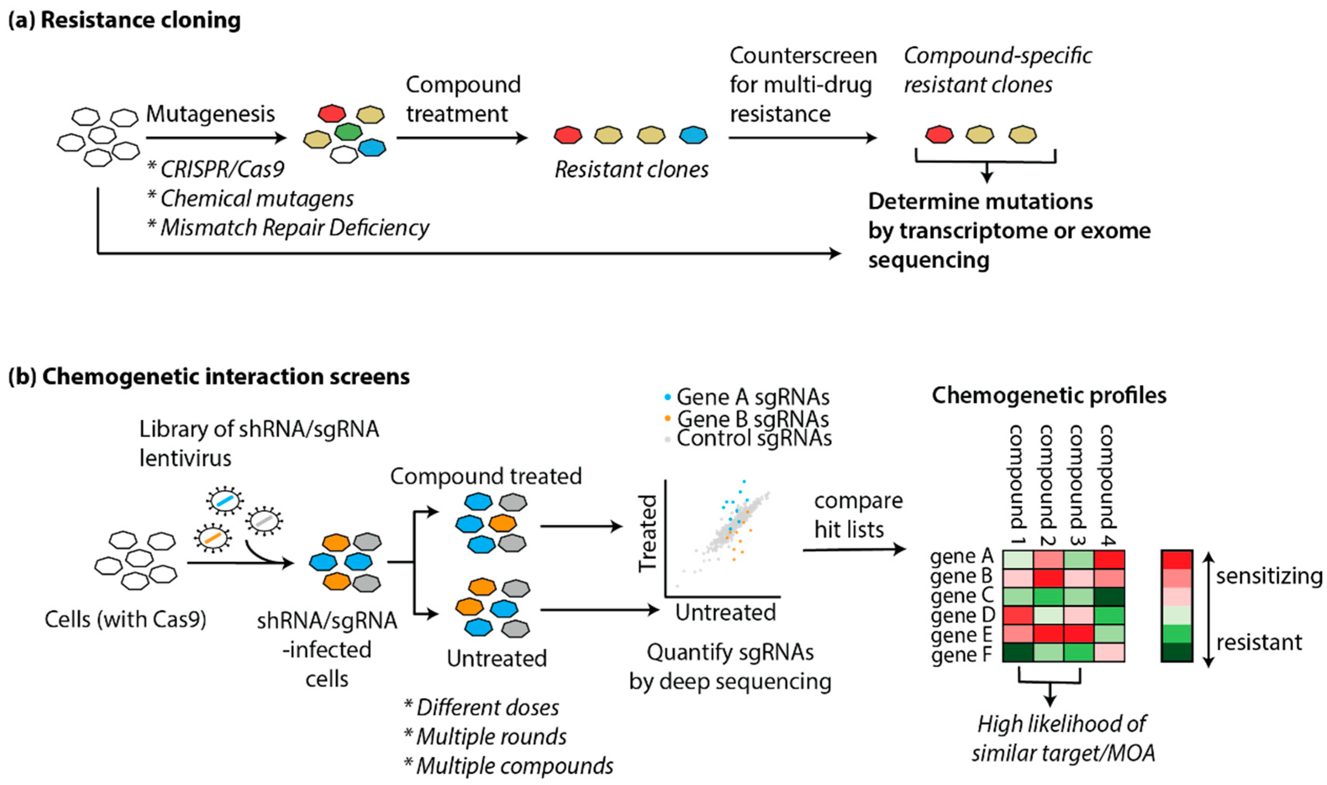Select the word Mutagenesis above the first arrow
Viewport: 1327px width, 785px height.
(x=211, y=114)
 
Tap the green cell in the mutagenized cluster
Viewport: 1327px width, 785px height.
(x=349, y=132)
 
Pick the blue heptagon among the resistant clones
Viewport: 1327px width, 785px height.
(x=693, y=135)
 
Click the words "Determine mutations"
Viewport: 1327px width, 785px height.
(x=981, y=201)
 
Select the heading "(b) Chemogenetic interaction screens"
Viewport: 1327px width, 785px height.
(x=209, y=376)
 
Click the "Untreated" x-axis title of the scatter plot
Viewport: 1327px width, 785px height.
(x=726, y=613)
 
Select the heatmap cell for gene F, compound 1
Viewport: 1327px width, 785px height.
(x=1018, y=652)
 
